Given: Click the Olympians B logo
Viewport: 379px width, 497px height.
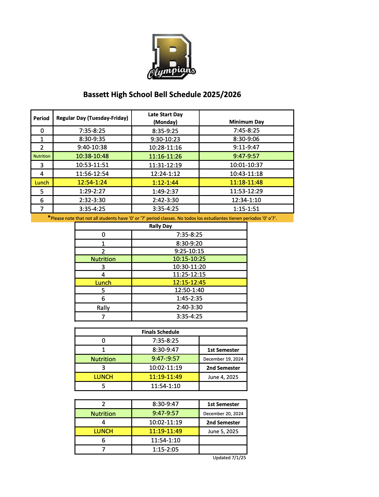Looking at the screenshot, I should click(x=171, y=57).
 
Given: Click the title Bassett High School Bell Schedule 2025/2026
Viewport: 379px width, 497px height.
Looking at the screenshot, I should click(x=162, y=94).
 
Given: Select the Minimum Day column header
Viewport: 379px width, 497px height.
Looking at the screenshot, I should click(x=246, y=122).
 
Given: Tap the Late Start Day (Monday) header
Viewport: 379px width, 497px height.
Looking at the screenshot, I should click(x=165, y=118).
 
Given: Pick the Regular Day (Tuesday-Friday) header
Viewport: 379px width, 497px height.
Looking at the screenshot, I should click(x=92, y=118).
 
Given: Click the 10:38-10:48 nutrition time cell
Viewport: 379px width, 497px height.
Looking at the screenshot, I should click(x=92, y=156).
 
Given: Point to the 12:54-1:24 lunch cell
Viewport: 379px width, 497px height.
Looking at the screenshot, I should click(x=92, y=182).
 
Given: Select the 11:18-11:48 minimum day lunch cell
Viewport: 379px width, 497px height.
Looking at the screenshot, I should click(x=246, y=182).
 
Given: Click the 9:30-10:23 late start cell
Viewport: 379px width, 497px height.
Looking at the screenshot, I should click(x=165, y=139).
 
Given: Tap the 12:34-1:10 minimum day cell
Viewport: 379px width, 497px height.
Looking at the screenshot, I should click(x=246, y=200).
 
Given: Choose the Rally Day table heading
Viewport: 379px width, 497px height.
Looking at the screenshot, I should click(x=161, y=226).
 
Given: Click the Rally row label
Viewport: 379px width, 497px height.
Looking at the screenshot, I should click(x=103, y=308).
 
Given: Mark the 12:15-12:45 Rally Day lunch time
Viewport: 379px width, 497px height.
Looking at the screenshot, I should click(x=189, y=282).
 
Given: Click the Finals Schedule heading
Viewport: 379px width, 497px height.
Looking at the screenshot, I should click(x=161, y=332).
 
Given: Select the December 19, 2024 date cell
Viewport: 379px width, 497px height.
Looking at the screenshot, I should click(x=223, y=359).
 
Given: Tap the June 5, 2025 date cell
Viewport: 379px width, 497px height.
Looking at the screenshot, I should click(x=223, y=431).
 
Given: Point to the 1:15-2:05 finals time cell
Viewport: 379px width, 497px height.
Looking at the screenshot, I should click(x=166, y=449).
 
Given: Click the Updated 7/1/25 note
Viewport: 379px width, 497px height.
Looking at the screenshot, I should click(x=229, y=458).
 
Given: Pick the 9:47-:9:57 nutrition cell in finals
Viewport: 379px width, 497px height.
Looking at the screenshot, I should click(x=166, y=359).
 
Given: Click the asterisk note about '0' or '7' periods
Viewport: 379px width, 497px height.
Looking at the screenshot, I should click(x=162, y=218).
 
